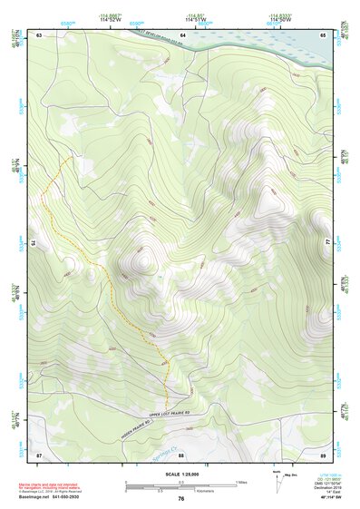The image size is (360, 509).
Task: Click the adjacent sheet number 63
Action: pos(40,34)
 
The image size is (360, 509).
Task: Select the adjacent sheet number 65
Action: pos(323,34)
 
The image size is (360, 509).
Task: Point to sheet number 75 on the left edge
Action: pos(34,243)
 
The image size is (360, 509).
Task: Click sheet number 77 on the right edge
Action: pos(328,243)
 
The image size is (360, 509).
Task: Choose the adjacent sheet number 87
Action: pos(39,454)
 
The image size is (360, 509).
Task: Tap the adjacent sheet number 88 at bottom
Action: pos(180,455)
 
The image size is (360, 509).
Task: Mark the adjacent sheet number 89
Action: pos(323,454)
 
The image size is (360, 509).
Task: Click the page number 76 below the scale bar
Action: pos(180,498)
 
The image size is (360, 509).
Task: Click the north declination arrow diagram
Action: pos(277,481)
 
